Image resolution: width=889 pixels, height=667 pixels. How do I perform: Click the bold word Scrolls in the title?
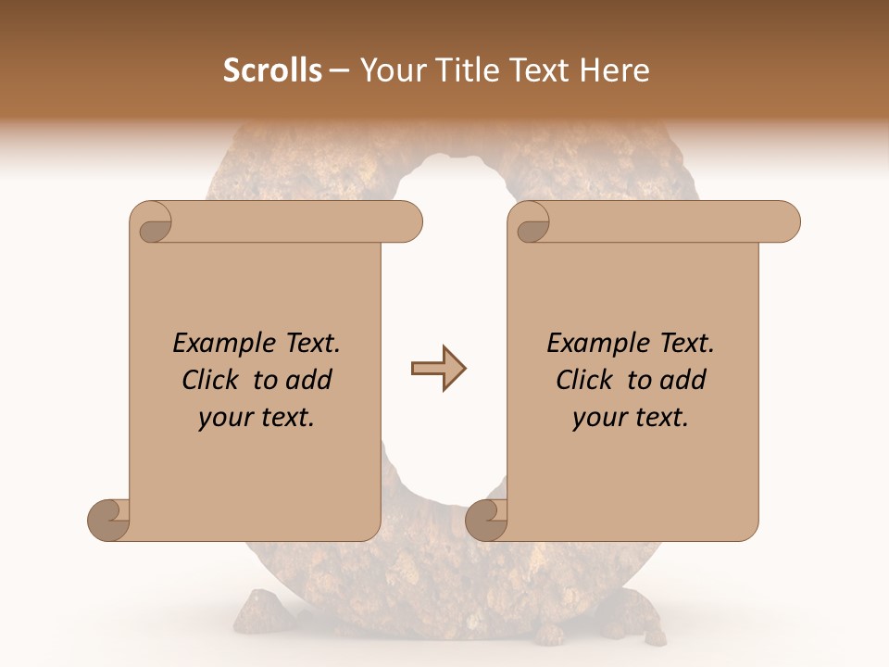tap(273, 70)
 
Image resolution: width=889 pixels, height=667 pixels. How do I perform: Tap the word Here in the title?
tap(616, 70)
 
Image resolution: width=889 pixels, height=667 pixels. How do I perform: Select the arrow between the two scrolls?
tap(438, 369)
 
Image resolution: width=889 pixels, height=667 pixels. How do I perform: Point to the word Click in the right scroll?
tap(586, 380)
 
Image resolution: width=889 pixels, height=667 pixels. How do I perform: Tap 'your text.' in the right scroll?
tap(631, 418)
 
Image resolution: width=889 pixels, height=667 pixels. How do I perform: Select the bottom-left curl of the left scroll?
tap(108, 521)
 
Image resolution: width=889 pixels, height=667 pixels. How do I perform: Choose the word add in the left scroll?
tap(310, 380)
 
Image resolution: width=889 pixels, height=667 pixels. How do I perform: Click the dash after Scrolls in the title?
tap(340, 70)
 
